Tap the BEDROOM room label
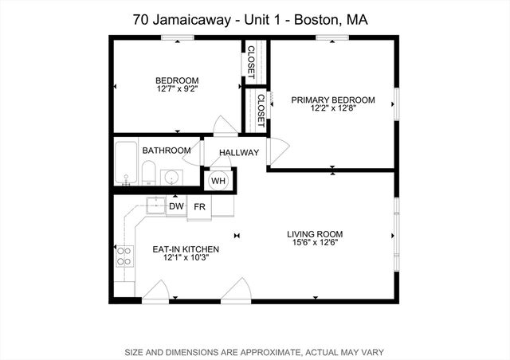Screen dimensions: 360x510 click(x=177, y=80)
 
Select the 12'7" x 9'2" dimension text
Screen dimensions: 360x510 click(x=177, y=90)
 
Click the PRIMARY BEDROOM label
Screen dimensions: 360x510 click(x=332, y=100)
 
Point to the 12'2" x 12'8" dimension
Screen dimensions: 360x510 click(x=332, y=110)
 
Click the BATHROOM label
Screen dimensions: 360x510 click(x=167, y=151)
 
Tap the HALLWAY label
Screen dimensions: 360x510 click(x=239, y=151)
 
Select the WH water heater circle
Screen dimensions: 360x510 click(x=218, y=181)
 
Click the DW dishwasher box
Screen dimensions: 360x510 click(x=176, y=206)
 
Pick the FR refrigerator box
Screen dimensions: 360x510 click(x=200, y=206)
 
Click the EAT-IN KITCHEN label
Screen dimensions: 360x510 click(x=185, y=249)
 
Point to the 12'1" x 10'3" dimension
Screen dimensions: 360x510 click(x=185, y=259)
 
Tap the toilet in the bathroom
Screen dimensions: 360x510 click(x=149, y=171)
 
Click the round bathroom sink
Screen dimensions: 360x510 click(x=171, y=178)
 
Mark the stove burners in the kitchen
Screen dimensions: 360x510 click(x=124, y=256)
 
